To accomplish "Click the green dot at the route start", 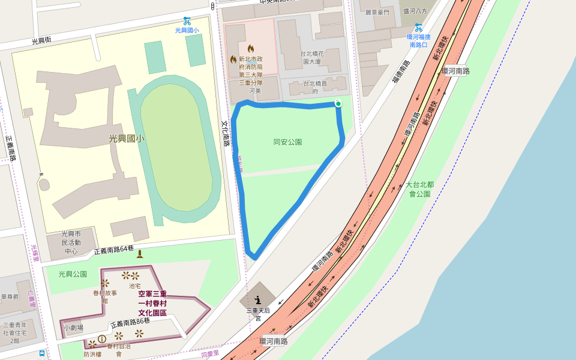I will pyautogui.click(x=338, y=104).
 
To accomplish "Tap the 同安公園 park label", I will pyautogui.click(x=287, y=142).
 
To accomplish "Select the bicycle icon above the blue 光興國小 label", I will pyautogui.click(x=187, y=21).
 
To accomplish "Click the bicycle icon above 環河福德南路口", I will pyautogui.click(x=418, y=27).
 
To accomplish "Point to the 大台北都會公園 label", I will pyautogui.click(x=420, y=189).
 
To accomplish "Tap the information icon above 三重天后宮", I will pyautogui.click(x=258, y=299).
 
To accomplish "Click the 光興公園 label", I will pyautogui.click(x=73, y=274).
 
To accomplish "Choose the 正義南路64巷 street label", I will pyautogui.click(x=114, y=250).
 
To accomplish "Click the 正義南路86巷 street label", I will pyautogui.click(x=130, y=324).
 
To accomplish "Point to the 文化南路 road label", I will pyautogui.click(x=226, y=133).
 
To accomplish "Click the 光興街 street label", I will pyautogui.click(x=41, y=41).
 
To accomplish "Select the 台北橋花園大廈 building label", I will pyautogui.click(x=312, y=58).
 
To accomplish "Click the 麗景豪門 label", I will pyautogui.click(x=377, y=12).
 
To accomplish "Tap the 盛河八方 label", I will pyautogui.click(x=415, y=11).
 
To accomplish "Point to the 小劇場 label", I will pyautogui.click(x=73, y=328).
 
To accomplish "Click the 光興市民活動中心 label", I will pyautogui.click(x=71, y=242).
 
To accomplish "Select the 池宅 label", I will pyautogui.click(x=134, y=286).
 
